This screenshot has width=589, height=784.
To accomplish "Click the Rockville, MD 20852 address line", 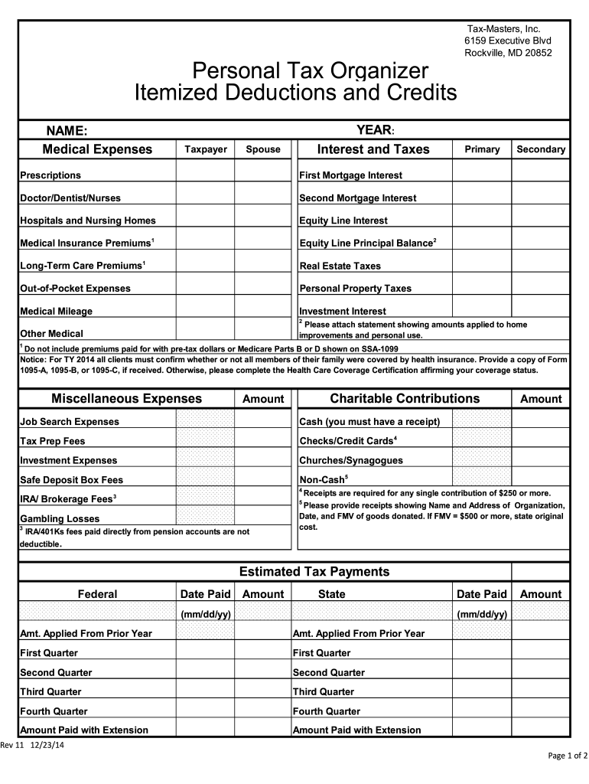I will click(508, 53).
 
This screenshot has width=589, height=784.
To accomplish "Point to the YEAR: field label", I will click(375, 130).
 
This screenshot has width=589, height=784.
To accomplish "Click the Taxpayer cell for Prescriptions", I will click(205, 175).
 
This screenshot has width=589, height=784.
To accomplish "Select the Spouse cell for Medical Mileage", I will click(262, 311).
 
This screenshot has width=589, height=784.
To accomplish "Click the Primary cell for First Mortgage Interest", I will click(482, 175).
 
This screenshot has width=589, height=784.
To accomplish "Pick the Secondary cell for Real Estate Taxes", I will click(540, 266).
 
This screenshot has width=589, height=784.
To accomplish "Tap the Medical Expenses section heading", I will click(97, 149).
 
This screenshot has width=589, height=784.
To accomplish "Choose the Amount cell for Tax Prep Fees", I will click(262, 441).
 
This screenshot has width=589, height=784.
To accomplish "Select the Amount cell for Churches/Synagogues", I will click(540, 460).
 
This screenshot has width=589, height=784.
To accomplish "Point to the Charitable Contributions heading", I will click(405, 399).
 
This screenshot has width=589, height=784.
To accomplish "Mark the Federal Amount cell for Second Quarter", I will click(262, 672).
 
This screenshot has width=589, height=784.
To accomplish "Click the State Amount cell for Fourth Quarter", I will click(540, 711).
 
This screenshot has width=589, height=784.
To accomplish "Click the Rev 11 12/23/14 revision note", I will click(32, 746).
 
